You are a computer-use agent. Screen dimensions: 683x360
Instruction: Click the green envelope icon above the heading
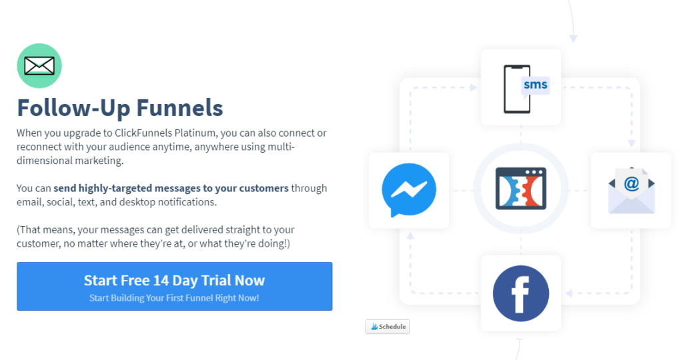tap(39, 66)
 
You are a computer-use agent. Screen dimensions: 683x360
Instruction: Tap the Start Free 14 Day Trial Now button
tap(174, 286)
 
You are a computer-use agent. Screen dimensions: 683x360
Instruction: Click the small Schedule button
tap(388, 327)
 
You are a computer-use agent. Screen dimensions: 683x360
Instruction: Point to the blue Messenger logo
tap(409, 190)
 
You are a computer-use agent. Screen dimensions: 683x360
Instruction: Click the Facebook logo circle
tap(520, 293)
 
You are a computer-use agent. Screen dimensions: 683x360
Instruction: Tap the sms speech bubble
tap(536, 85)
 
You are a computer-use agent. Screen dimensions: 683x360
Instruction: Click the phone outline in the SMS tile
tap(517, 89)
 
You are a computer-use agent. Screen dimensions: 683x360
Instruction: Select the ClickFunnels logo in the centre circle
tap(520, 189)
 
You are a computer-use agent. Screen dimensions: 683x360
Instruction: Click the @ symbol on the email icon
tap(631, 184)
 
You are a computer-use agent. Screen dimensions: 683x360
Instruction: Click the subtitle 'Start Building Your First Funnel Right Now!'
tap(174, 298)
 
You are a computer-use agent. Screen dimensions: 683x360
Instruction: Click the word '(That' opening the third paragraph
tap(30, 230)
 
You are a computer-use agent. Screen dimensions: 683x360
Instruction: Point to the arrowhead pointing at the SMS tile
tap(473, 87)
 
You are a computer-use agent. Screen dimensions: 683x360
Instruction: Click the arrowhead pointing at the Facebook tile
tap(569, 293)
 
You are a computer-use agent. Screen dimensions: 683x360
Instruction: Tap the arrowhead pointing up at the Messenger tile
tap(410, 236)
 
